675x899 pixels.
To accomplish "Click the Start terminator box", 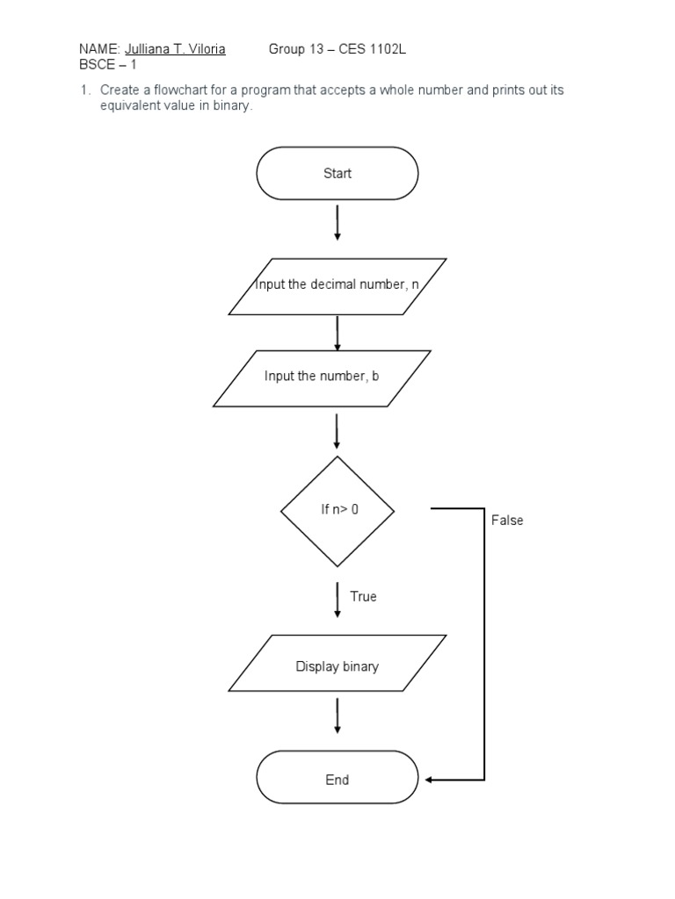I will [337, 174].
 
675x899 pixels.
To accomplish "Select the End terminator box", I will [337, 779].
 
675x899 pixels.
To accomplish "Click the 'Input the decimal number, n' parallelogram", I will [337, 285].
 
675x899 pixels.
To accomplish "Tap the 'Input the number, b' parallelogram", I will [322, 378].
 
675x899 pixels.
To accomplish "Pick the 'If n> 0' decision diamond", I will [337, 510].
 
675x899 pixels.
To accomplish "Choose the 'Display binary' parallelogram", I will [337, 666].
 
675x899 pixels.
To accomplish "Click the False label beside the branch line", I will [507, 521].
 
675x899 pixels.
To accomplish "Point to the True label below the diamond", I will [363, 597].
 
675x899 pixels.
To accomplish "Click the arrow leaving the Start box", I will [337, 224].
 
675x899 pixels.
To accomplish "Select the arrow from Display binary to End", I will [337, 716].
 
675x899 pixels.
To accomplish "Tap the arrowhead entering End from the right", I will [429, 780].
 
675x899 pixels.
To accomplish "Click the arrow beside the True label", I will [337, 599].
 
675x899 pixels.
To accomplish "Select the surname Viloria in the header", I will [206, 49].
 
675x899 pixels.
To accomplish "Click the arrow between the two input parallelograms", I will [337, 333].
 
